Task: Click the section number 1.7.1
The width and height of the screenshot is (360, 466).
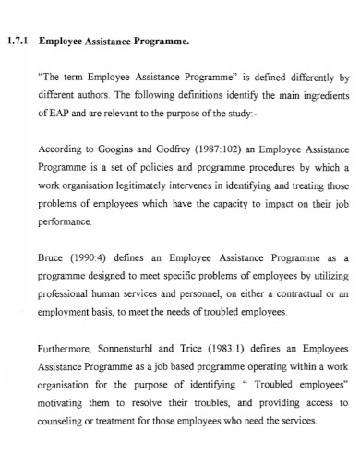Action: point(18,41)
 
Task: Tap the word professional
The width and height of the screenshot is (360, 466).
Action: point(69,295)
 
